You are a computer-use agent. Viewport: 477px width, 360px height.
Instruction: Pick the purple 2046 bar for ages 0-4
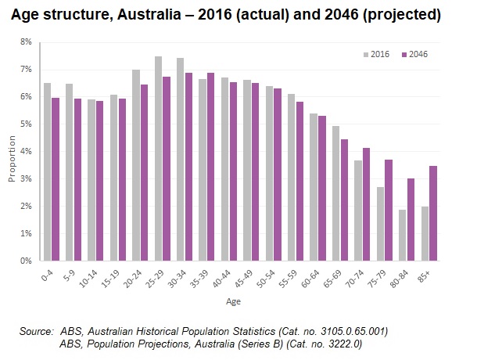[x=56, y=179]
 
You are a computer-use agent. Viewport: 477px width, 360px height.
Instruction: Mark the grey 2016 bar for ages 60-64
[x=314, y=187]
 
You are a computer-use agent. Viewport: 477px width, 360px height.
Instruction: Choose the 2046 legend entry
[x=414, y=54]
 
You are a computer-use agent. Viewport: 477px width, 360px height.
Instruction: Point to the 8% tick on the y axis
[x=26, y=42]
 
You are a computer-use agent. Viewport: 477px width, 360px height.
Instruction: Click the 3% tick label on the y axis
[x=26, y=178]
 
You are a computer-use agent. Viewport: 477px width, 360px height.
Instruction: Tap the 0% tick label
[x=26, y=261]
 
